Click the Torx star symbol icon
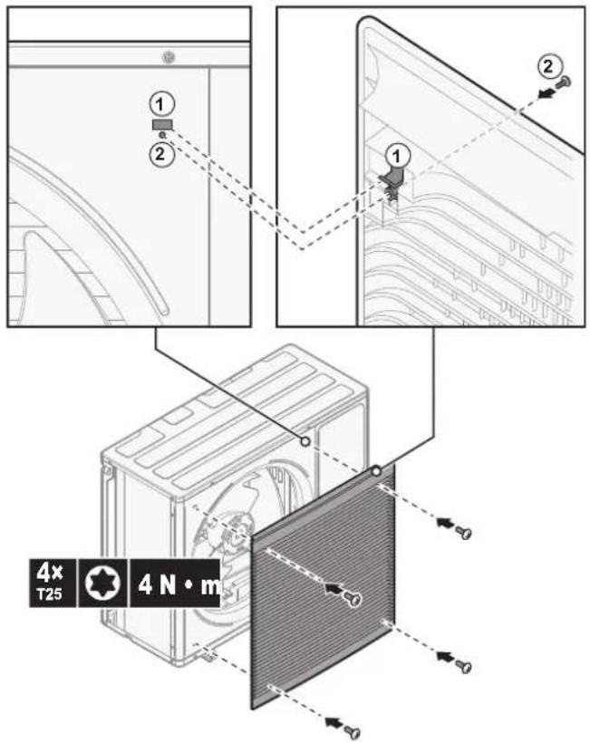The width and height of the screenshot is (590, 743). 102,583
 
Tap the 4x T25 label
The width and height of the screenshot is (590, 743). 50,583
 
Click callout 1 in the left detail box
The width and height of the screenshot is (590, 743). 162,104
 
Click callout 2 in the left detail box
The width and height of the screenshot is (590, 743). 161,153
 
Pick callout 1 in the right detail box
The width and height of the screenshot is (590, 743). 397,155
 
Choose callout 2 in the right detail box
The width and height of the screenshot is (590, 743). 549,66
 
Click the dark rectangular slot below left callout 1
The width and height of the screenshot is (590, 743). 162,125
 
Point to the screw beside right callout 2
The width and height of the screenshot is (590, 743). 563,82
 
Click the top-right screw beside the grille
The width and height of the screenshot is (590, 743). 463,532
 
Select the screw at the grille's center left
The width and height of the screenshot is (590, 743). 353,598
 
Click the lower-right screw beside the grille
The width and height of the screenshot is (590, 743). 463,666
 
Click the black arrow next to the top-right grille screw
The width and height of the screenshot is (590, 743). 443,522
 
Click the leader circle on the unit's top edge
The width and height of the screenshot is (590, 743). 305,441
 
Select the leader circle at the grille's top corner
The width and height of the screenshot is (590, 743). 376,471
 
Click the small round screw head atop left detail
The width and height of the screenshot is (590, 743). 169,58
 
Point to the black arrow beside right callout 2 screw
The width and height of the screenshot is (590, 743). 546,94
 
